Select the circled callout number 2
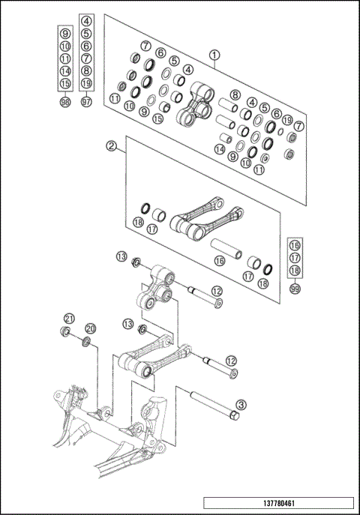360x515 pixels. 110,145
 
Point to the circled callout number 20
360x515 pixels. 90,328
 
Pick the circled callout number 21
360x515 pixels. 68,318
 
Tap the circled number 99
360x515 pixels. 295,289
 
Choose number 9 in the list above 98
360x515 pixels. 65,34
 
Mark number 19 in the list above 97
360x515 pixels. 86,82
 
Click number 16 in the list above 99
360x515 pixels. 295,245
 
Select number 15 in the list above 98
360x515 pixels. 65,82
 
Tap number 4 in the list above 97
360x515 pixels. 86,22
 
